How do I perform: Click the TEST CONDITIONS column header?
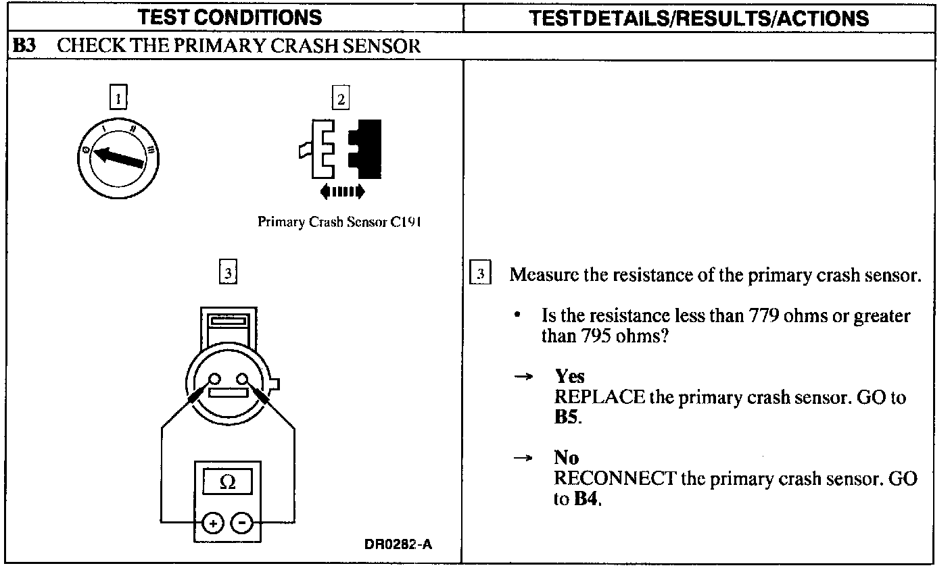tap(230, 17)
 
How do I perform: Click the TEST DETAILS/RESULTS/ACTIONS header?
tap(698, 18)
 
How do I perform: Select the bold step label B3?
tap(24, 46)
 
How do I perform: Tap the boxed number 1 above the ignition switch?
tap(118, 99)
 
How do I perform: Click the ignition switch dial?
tap(119, 157)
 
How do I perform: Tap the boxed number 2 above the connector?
tap(341, 99)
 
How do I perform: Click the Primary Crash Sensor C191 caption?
tap(339, 222)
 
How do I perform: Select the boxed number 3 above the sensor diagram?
tap(229, 273)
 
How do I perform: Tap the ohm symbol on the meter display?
tap(228, 482)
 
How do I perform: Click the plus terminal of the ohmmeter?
tap(212, 522)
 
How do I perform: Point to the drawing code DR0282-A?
tap(398, 544)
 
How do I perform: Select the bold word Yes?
tap(569, 376)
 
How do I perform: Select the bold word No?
tap(566, 458)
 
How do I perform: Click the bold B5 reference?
tap(566, 417)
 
